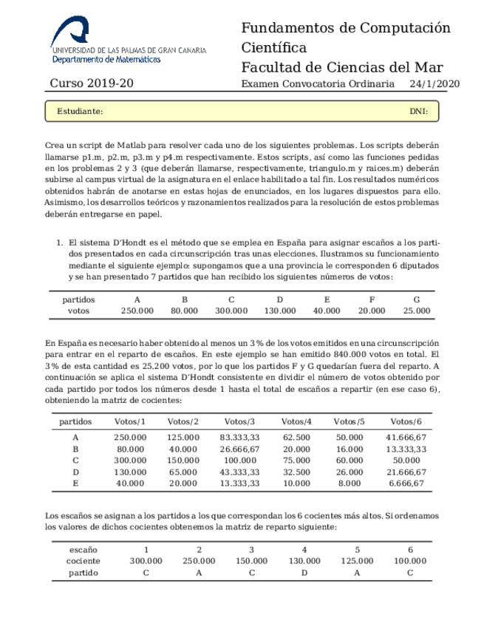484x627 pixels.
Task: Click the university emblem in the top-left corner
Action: (x=72, y=30)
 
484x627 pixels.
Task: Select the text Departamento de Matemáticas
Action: (x=106, y=58)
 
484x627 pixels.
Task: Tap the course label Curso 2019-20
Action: (x=92, y=84)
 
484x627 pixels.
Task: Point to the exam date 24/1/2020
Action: (x=434, y=84)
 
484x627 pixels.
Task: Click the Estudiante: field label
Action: (x=80, y=112)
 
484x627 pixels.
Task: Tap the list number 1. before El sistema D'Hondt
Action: (x=61, y=242)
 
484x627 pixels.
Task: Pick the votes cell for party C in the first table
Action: (x=231, y=311)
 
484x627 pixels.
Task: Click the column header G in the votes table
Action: (x=417, y=299)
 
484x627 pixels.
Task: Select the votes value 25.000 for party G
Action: (x=417, y=311)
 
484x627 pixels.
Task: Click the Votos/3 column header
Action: (x=239, y=421)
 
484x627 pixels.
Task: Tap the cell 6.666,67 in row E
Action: (x=406, y=484)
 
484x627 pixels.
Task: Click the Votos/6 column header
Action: (x=406, y=421)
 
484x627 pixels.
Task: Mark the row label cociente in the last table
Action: (x=78, y=561)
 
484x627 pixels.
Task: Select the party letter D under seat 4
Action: (x=304, y=573)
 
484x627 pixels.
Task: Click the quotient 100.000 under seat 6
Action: (x=409, y=561)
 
